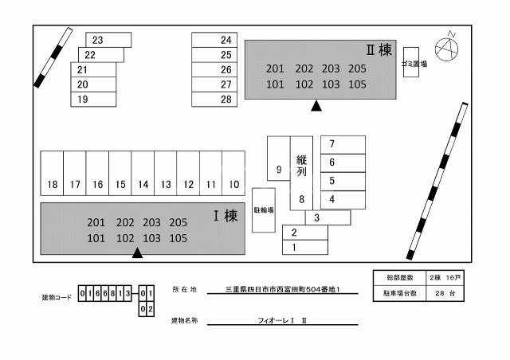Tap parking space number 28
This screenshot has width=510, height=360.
coord(215,100)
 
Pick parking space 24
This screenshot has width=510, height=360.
coord(215,40)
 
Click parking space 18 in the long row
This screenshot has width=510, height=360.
coord(53,174)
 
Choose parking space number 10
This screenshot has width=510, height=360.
coord(234,174)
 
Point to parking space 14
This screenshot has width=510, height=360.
coord(143,174)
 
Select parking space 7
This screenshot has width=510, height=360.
coord(343,144)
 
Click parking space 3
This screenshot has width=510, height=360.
coord(327,217)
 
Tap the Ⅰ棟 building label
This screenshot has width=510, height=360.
coord(225,215)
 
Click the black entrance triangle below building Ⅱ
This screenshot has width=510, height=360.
coord(316,105)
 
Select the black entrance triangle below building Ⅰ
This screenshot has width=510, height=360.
coord(137,253)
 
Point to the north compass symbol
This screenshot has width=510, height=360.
coord(449,48)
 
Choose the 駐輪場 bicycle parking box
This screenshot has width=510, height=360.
coord(264,209)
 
